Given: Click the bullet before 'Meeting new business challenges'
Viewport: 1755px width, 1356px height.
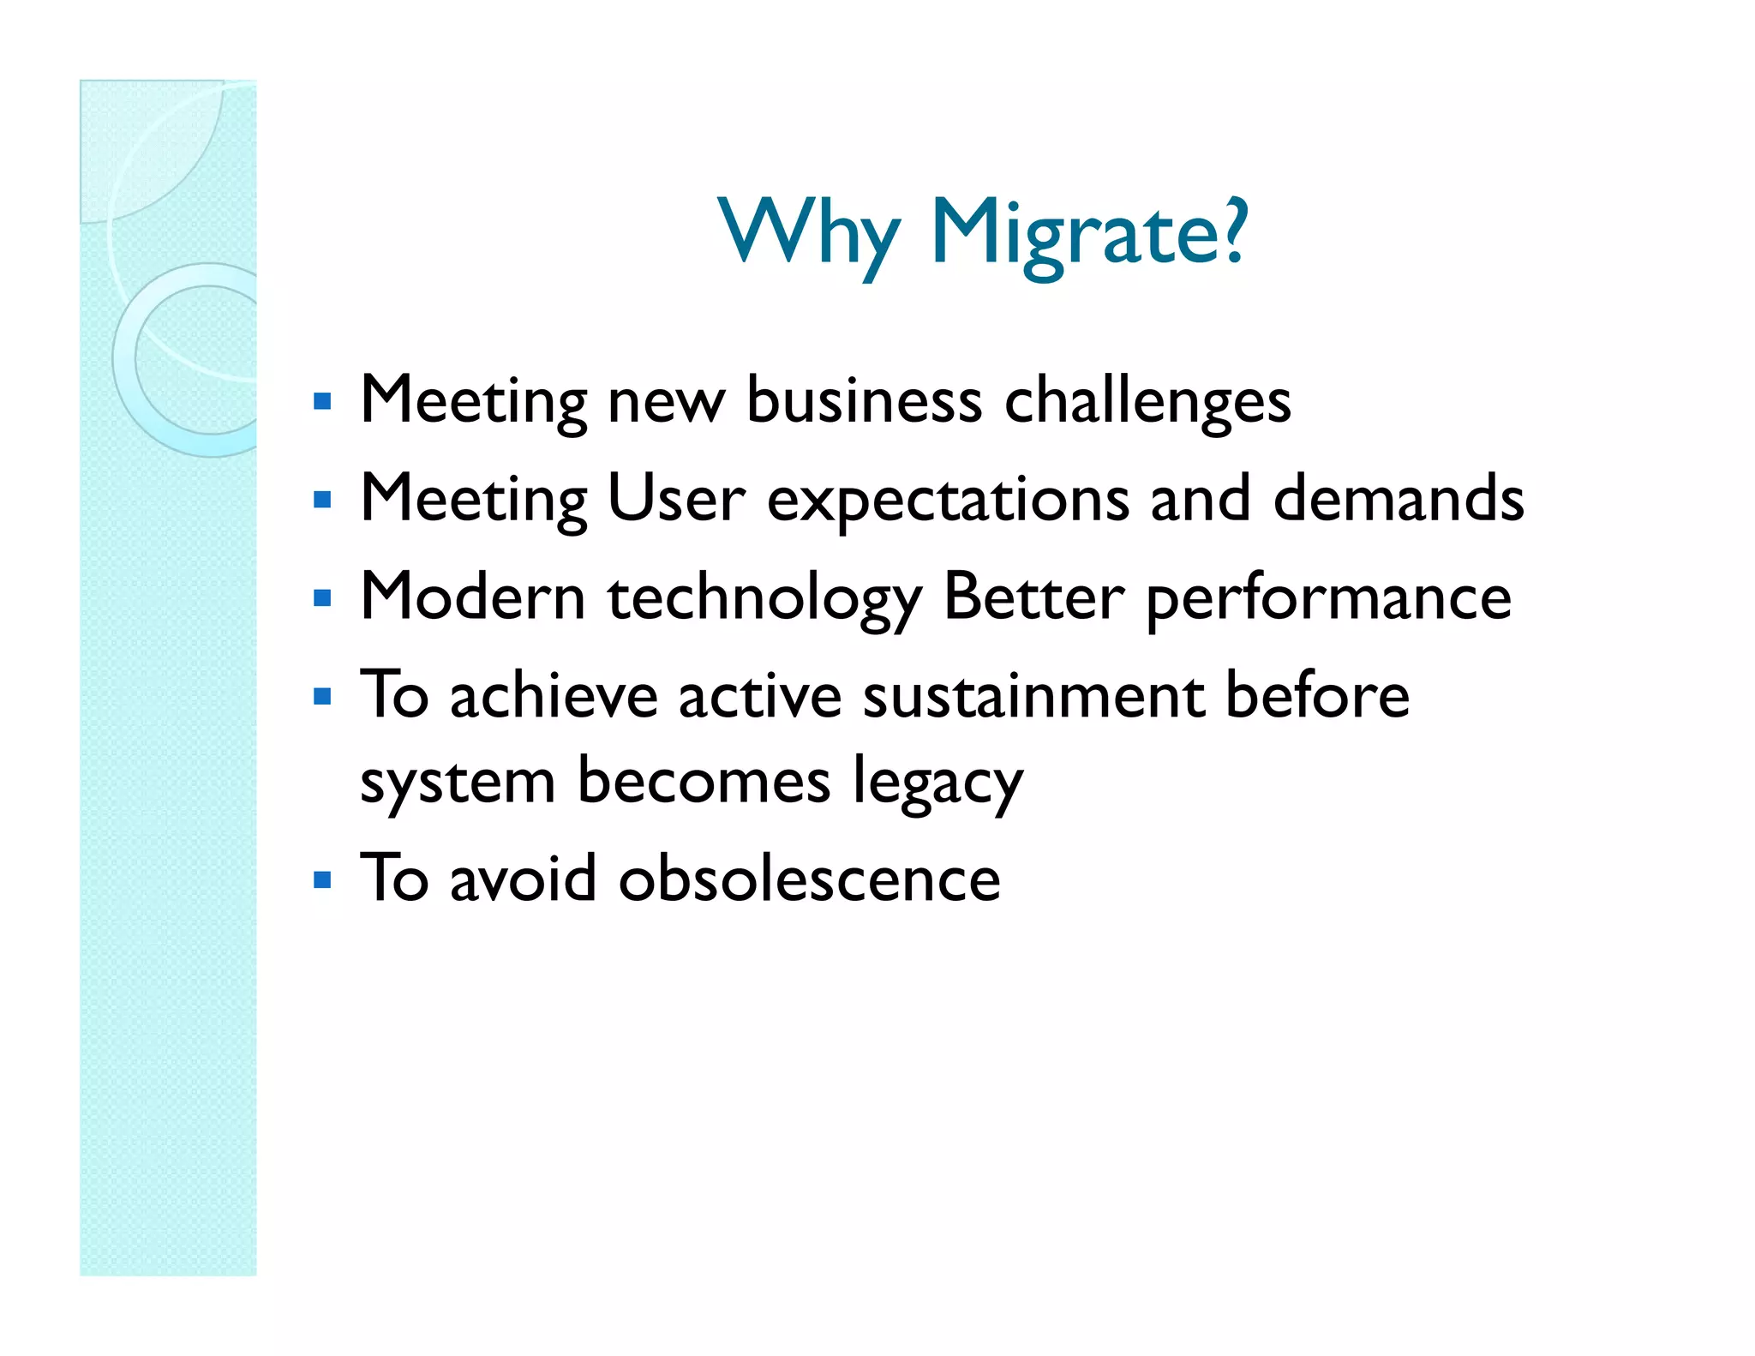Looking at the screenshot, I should point(322,401).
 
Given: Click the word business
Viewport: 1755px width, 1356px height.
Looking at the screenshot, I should point(864,399).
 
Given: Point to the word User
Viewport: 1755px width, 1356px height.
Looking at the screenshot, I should point(675,499).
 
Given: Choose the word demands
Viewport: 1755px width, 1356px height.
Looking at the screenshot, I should point(1399,498).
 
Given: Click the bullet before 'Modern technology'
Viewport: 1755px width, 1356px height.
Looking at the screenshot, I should point(322,598).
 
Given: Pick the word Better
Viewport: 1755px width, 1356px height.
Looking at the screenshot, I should point(1033,597).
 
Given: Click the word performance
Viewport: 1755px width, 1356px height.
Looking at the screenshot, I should point(1328,598).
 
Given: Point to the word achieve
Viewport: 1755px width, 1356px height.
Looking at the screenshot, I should point(554,695).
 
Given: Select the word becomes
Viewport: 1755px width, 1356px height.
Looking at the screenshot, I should point(704,781).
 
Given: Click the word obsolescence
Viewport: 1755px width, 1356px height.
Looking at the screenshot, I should point(809,879).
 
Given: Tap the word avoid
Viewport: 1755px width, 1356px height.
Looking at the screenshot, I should point(523,879).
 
